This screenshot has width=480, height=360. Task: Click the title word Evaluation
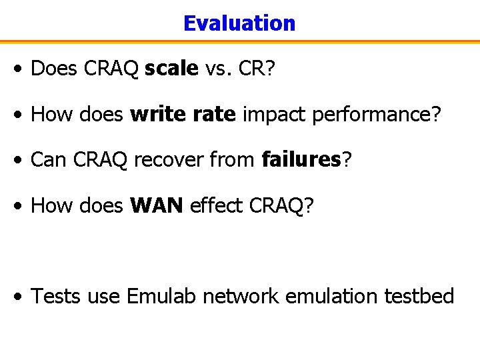click(x=239, y=23)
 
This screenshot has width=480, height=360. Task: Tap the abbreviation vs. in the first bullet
click(x=219, y=69)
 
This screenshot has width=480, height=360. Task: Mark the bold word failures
click(x=301, y=160)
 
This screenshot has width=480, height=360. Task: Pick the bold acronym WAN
click(x=157, y=205)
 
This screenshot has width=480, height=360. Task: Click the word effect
click(x=216, y=205)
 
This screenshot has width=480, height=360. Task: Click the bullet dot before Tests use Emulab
click(x=22, y=297)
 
